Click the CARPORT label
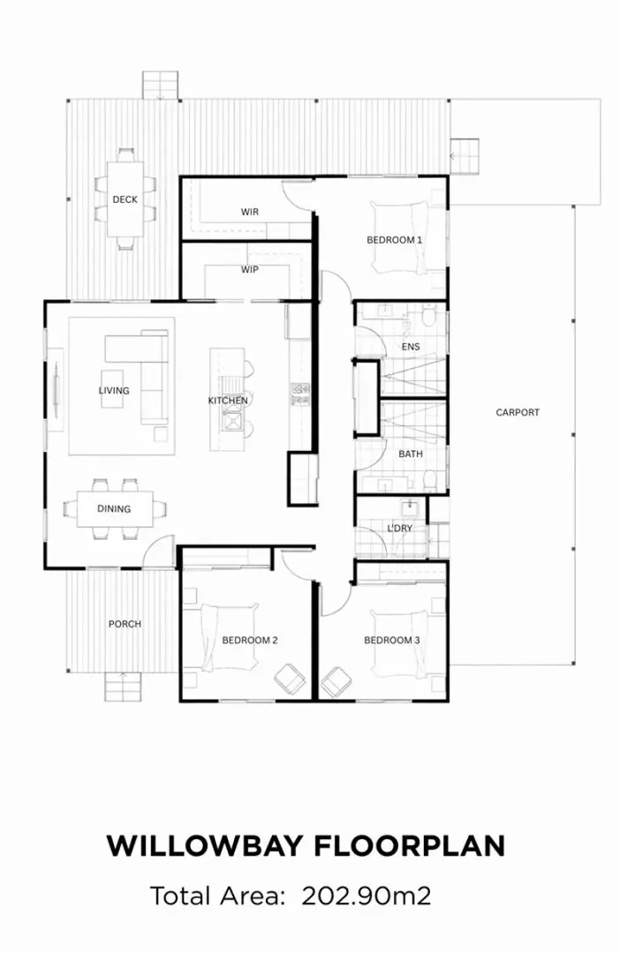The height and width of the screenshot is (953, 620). [x=517, y=412]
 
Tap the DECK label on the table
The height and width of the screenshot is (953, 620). [x=125, y=199]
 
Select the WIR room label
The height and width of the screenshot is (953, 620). [x=249, y=212]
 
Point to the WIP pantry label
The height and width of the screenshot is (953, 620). [x=249, y=270]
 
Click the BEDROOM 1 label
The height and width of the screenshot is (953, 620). [x=394, y=240]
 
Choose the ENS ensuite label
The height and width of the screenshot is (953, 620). [x=411, y=347]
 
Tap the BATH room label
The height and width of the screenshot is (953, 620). [x=411, y=454]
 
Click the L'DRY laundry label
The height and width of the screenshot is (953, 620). [x=400, y=529]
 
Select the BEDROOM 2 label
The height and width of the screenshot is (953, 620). [x=250, y=640]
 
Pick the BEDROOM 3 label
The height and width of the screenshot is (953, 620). [x=392, y=640]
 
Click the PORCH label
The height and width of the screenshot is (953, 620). [x=125, y=624]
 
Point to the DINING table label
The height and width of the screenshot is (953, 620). [x=114, y=508]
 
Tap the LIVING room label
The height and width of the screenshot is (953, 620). [x=114, y=390]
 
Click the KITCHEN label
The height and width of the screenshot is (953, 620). [x=228, y=401]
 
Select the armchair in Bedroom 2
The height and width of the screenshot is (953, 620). [x=290, y=680]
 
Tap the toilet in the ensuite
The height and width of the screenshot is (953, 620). [x=429, y=316]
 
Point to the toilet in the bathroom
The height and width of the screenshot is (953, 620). [x=429, y=480]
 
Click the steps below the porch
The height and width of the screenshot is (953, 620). [x=123, y=685]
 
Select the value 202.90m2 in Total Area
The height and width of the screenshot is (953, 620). [x=367, y=897]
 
